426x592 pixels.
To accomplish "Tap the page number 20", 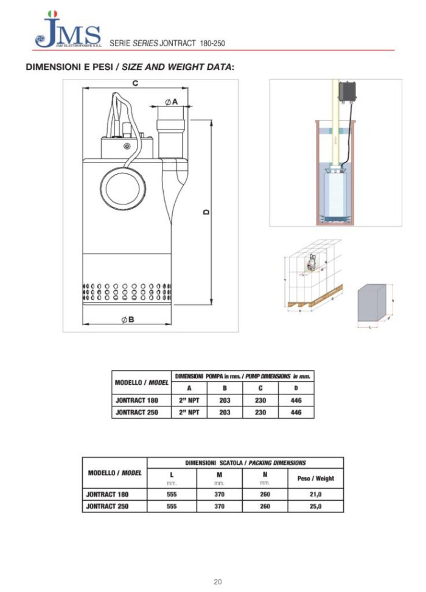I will point(217,582).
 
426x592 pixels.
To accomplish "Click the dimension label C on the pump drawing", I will point(135,83).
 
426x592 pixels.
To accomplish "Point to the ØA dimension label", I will point(171,102).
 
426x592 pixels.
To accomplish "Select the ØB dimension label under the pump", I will point(127,320).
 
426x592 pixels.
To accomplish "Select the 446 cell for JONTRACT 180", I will point(296,400).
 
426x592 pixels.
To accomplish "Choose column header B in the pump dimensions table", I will point(225,388).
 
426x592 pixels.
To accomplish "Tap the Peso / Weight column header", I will point(315,478).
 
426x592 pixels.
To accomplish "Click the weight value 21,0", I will point(315,495).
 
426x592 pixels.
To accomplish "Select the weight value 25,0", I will point(315,506).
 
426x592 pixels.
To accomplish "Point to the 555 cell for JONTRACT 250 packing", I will point(172,506).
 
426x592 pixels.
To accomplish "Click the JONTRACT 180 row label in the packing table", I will point(107,495).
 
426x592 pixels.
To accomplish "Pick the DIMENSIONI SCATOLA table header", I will point(245,462).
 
